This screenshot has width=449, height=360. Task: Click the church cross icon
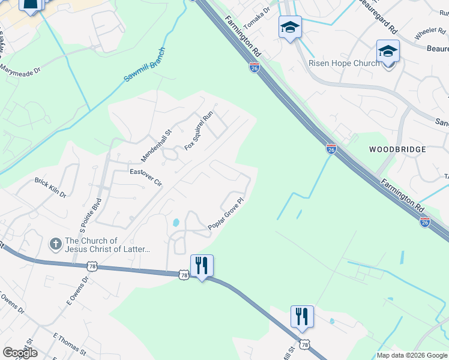[x=55, y=244]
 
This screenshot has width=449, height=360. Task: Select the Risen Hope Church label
[x=343, y=63]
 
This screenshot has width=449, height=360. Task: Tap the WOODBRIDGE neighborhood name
[x=397, y=149]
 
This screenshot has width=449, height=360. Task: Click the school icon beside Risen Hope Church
[x=388, y=52]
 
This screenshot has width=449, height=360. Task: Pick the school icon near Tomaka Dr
[x=290, y=27]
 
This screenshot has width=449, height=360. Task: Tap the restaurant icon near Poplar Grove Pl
[x=202, y=265]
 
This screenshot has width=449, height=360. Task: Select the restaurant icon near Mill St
[x=302, y=316]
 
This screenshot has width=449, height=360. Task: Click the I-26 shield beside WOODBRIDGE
[x=331, y=148]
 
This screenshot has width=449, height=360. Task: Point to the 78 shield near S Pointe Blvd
[x=91, y=265]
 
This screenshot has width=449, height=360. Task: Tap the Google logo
[x=20, y=353]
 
